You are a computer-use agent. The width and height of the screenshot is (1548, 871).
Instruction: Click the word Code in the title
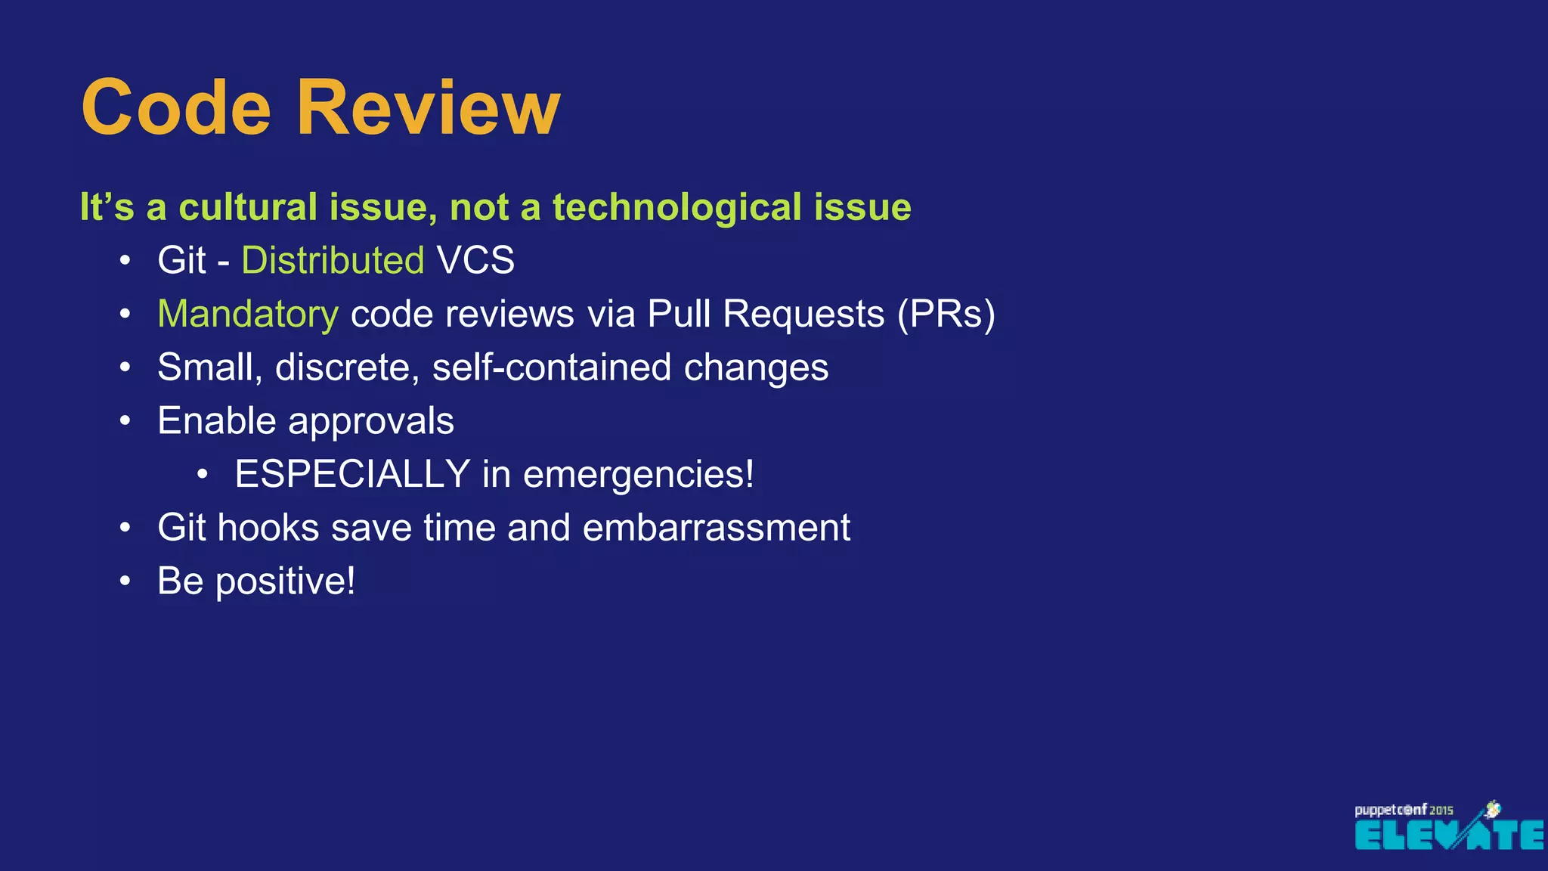[176, 108]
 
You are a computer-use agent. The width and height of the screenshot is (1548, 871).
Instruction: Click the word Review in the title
[428, 108]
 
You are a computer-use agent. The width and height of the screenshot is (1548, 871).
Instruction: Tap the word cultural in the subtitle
[248, 207]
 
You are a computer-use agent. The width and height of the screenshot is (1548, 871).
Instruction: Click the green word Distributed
[333, 261]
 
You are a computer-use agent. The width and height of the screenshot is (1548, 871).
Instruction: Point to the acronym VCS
[475, 261]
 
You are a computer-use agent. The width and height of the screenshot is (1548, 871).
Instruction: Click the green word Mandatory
[248, 314]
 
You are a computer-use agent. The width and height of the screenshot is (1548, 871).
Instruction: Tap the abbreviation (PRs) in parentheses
[946, 314]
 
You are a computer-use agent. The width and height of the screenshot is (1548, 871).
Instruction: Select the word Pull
[680, 314]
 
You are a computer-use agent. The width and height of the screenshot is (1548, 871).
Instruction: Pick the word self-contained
[551, 367]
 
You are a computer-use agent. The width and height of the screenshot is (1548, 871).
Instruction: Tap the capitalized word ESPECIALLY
[352, 474]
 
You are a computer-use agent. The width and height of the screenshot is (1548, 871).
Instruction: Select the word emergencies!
[638, 476]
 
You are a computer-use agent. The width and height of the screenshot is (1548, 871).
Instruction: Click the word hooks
[268, 528]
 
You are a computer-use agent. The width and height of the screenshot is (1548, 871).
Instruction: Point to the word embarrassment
[716, 528]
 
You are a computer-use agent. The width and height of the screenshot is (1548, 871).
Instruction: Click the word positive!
[285, 582]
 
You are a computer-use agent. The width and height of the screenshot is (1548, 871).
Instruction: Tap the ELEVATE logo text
[1449, 835]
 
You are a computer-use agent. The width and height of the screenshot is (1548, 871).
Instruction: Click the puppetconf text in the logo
[1390, 811]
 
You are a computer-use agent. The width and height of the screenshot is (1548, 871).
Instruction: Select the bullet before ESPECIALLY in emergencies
[202, 475]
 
